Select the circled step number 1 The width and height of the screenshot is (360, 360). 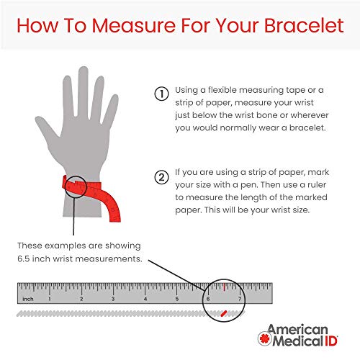click(x=161, y=94)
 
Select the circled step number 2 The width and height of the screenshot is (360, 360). click(x=161, y=177)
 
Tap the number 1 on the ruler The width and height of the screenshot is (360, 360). click(x=50, y=298)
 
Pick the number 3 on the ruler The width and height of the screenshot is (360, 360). click(x=113, y=298)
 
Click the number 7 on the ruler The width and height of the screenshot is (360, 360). click(x=240, y=298)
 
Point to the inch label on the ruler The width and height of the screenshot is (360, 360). click(x=27, y=298)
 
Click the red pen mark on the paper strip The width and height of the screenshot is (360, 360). click(x=224, y=312)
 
